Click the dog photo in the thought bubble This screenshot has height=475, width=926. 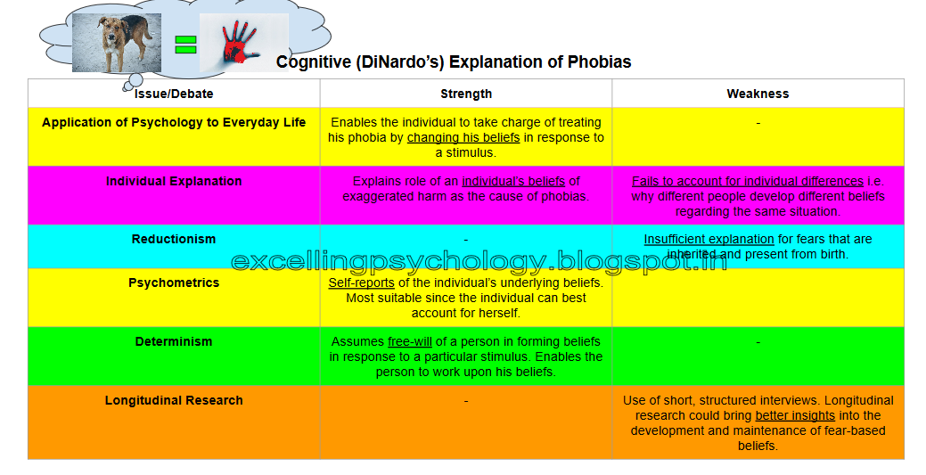pyautogui.click(x=117, y=43)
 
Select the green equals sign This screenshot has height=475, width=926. pyautogui.click(x=185, y=45)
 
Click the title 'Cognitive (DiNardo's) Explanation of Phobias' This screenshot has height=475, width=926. pyautogui.click(x=454, y=62)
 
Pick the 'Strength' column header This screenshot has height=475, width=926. pyautogui.click(x=466, y=94)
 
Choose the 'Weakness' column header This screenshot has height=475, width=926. pyautogui.click(x=758, y=94)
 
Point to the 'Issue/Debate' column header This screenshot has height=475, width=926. pyautogui.click(x=174, y=94)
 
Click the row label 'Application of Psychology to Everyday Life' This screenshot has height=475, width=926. pyautogui.click(x=174, y=122)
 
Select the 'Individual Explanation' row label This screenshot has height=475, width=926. pyautogui.click(x=174, y=181)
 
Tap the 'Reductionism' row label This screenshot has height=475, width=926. pyautogui.click(x=174, y=239)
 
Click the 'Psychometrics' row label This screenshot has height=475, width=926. pyautogui.click(x=174, y=283)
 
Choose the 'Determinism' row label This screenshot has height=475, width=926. pyautogui.click(x=174, y=341)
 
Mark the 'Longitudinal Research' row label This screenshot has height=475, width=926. pyautogui.click(x=174, y=400)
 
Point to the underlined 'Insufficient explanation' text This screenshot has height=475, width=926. pyautogui.click(x=709, y=239)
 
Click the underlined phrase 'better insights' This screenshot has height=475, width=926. pyautogui.click(x=795, y=415)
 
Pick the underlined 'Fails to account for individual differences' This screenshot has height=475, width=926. pyautogui.click(x=748, y=181)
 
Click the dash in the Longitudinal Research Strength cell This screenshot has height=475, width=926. pyautogui.click(x=466, y=400)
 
